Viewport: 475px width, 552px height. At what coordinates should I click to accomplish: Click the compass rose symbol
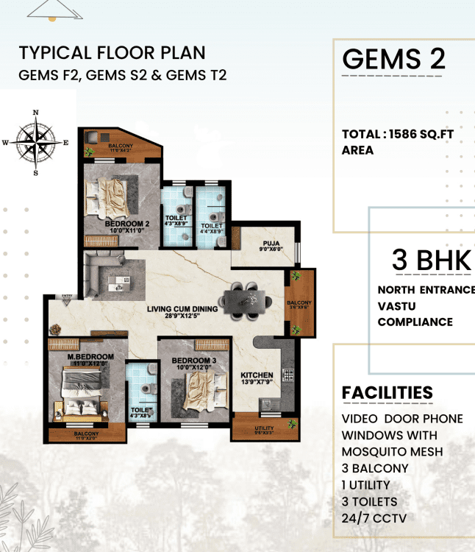(x=35, y=142)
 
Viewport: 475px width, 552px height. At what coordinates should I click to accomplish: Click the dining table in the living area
(x=246, y=299)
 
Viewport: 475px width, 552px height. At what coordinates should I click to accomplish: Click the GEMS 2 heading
(x=393, y=59)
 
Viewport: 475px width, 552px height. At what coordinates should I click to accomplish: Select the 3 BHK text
(x=431, y=261)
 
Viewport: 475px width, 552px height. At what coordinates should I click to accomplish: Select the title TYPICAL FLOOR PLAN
(x=112, y=53)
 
